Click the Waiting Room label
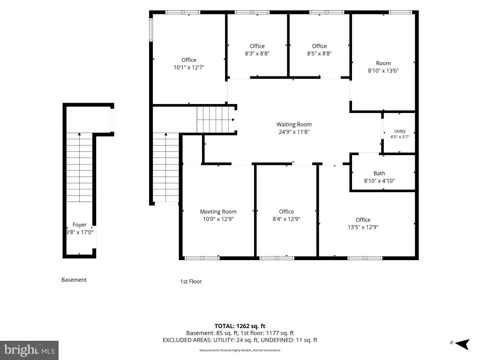coord(294,124)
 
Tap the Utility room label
coord(400,131)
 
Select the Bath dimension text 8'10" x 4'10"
coord(379,180)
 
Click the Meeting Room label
coord(218,211)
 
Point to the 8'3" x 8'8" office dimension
coord(257,53)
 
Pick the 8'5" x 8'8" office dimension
coord(319,53)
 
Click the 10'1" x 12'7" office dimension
coord(189,67)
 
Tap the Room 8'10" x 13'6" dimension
coord(383,70)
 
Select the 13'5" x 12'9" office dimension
coord(363,227)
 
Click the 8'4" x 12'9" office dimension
coord(286,219)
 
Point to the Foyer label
coord(80,225)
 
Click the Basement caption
coord(74,280)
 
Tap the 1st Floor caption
coord(191,281)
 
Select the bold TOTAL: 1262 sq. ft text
coord(240,326)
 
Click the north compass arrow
coord(462,344)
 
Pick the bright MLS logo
coord(29,350)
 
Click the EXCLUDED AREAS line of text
coord(240,340)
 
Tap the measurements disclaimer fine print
coord(240,350)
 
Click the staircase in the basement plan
coord(80,167)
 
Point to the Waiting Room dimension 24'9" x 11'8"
coord(294,132)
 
